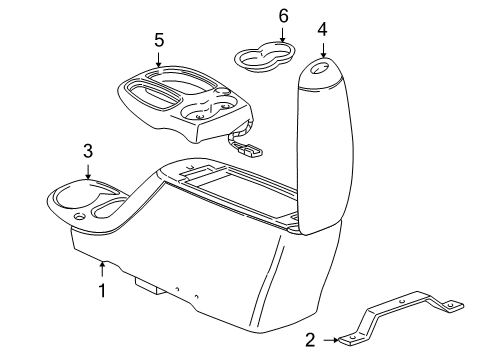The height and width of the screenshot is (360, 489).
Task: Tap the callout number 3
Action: point(88,151)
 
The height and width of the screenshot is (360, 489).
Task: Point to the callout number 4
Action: point(322,28)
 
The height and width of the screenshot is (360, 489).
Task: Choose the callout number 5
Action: point(158,42)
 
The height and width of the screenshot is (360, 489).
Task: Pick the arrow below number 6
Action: point(255,35)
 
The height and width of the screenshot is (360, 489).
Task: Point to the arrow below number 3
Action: point(88,170)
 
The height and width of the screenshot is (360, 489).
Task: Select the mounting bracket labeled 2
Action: point(400,320)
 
